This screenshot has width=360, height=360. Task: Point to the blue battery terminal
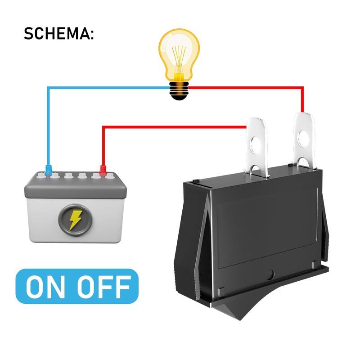48,170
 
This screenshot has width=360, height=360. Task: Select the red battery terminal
103,171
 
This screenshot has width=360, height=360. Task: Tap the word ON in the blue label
47,286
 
